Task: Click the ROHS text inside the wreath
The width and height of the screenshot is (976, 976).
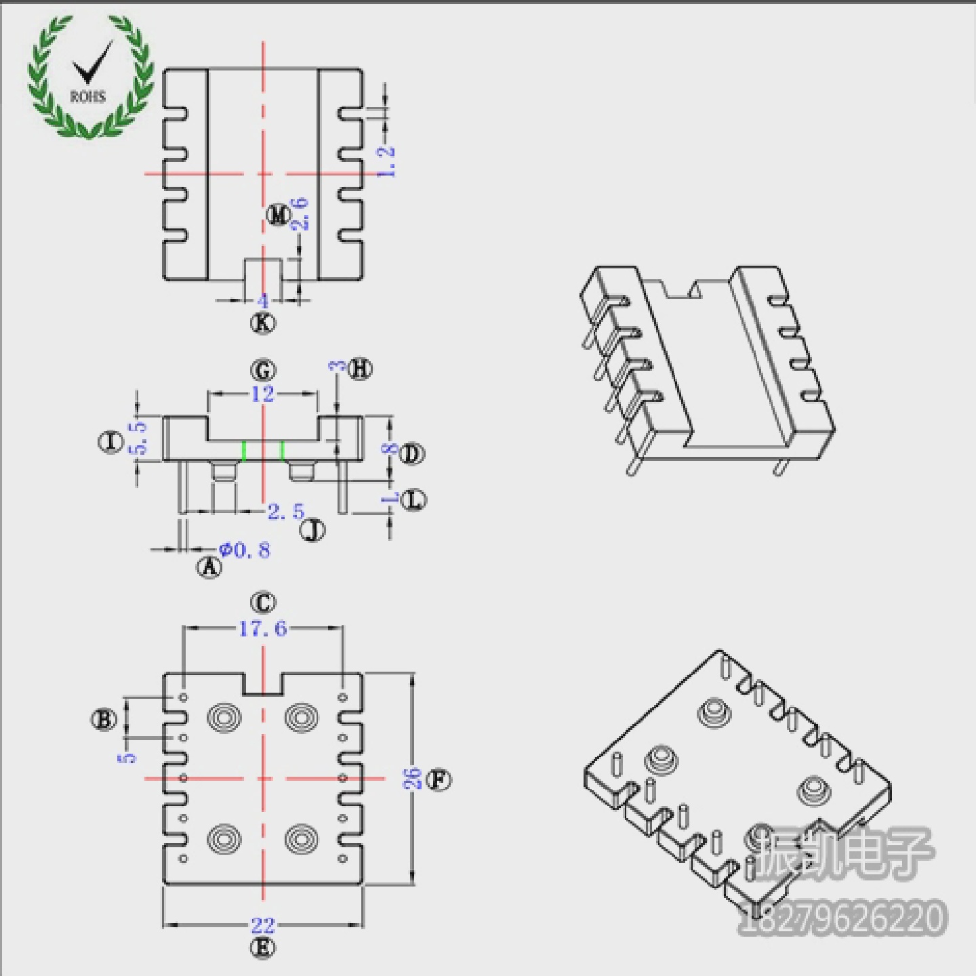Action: (87, 97)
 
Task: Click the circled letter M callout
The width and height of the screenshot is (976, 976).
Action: (278, 215)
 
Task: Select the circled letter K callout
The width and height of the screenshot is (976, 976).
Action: (263, 323)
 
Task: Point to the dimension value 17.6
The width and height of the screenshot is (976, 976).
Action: (262, 629)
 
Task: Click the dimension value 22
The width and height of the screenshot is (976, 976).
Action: (263, 925)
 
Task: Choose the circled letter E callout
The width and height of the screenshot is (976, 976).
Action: (263, 948)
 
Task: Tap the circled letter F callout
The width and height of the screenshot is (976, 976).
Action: (439, 780)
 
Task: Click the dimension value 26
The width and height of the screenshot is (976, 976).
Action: (413, 779)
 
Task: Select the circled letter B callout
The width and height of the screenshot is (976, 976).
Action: (103, 719)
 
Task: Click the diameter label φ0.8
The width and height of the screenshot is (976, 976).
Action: (245, 550)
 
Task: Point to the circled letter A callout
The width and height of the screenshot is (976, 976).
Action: (209, 566)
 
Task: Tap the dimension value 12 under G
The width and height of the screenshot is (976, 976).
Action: (262, 394)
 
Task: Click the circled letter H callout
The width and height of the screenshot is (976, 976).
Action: (360, 369)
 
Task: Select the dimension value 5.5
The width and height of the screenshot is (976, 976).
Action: (139, 437)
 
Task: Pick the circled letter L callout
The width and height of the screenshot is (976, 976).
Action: (413, 500)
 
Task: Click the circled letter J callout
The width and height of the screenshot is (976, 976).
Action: (312, 529)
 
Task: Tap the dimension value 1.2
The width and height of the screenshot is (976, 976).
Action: (386, 161)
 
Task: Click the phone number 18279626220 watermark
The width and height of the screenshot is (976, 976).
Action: (841, 918)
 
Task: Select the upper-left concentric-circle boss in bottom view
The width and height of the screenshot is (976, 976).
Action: (224, 717)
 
